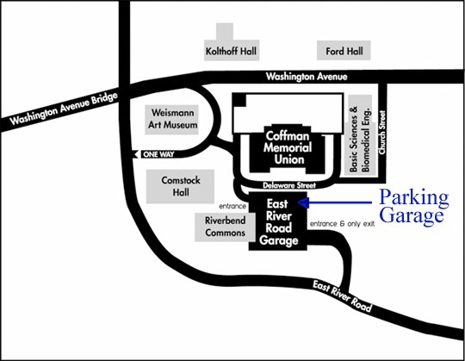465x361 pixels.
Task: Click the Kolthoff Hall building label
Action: pyautogui.click(x=231, y=51)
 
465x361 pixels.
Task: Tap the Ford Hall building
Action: pyautogui.click(x=344, y=51)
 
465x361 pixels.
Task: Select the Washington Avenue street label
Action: pyautogui.click(x=307, y=77)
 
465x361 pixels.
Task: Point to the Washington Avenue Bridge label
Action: pyautogui.click(x=64, y=109)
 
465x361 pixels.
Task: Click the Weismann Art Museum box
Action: pyautogui.click(x=171, y=119)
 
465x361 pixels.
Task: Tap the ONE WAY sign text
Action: pyautogui.click(x=158, y=154)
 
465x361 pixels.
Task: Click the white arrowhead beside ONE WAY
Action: pyautogui.click(x=136, y=154)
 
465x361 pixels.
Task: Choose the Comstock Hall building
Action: pyautogui.click(x=180, y=186)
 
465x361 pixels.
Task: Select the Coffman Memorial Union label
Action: pyautogui.click(x=288, y=147)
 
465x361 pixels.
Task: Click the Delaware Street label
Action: pyautogui.click(x=289, y=186)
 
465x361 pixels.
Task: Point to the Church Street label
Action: pyautogui.click(x=382, y=133)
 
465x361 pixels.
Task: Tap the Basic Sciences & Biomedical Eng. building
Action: pyautogui.click(x=360, y=135)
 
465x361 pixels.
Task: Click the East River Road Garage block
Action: pyautogui.click(x=278, y=221)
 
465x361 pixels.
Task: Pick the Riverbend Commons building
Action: pyautogui.click(x=225, y=227)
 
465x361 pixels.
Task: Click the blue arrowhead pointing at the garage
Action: pyautogui.click(x=303, y=202)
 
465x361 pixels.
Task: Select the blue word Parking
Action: pyautogui.click(x=414, y=198)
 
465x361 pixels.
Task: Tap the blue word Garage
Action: pyautogui.click(x=412, y=216)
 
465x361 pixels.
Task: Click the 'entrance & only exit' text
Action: pyautogui.click(x=342, y=224)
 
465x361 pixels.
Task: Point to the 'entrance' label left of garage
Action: pyautogui.click(x=232, y=206)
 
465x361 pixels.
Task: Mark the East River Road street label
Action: pyautogui.click(x=342, y=296)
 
